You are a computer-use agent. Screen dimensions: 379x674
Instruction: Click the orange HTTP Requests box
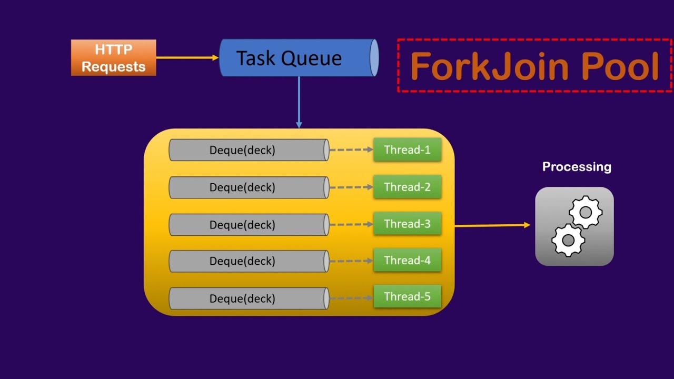(x=113, y=58)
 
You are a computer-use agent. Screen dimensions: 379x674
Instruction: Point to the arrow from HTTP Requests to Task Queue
(x=187, y=57)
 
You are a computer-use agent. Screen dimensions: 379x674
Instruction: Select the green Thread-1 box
(x=407, y=150)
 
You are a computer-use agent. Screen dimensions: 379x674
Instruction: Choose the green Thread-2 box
(x=407, y=187)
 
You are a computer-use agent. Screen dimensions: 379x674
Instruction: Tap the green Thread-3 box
(x=407, y=224)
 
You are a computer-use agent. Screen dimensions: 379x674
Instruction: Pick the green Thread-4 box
(x=407, y=261)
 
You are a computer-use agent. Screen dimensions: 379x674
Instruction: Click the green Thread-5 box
(x=407, y=297)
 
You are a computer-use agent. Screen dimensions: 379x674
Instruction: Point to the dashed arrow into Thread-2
(x=351, y=187)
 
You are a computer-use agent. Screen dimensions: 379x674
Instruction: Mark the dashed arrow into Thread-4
(x=351, y=261)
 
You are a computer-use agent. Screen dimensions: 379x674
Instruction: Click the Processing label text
(x=577, y=167)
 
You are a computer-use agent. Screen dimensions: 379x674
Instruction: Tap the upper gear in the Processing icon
(x=586, y=212)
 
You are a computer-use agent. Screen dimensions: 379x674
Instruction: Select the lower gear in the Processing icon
(x=568, y=240)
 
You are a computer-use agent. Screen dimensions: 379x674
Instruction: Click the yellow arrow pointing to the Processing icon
(x=492, y=225)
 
